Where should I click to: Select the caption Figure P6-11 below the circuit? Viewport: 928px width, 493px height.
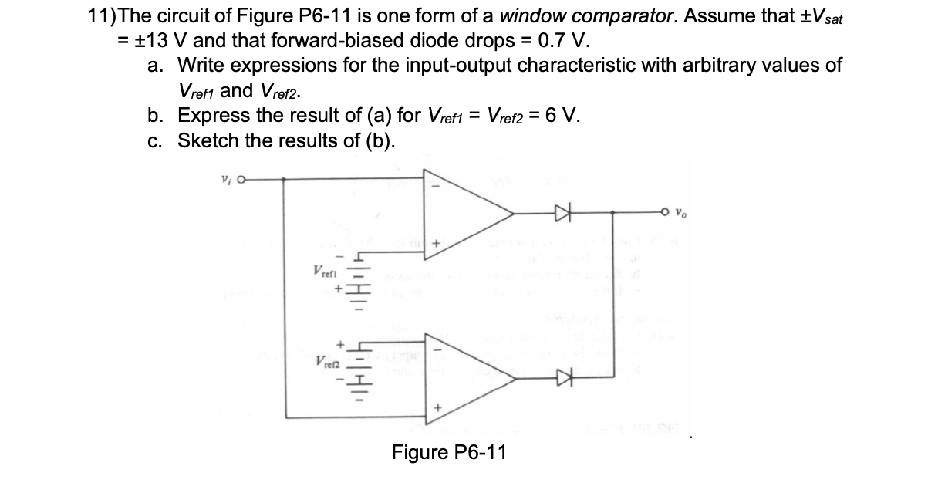pos(449,451)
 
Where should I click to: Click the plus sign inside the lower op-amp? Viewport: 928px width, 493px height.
pos(435,407)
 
